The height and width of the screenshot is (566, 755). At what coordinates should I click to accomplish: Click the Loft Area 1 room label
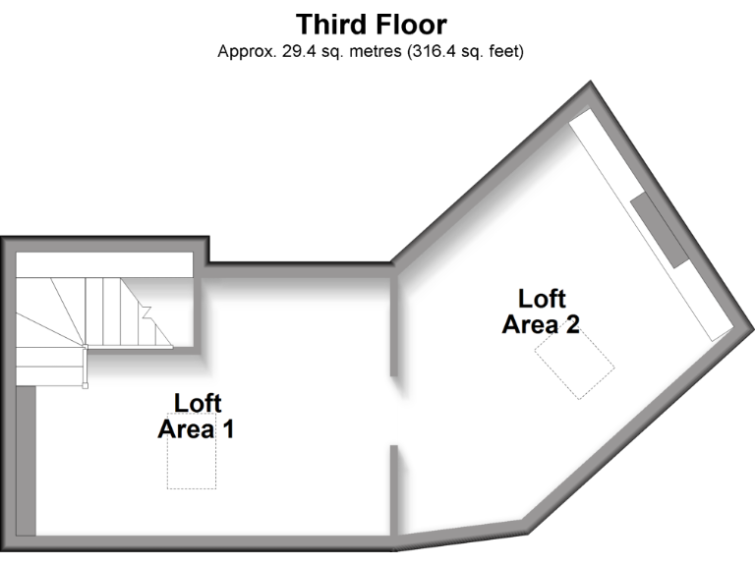click(197, 417)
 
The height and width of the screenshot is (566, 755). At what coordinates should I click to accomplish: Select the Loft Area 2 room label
click(540, 311)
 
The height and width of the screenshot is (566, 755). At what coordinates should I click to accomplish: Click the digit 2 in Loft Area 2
click(572, 324)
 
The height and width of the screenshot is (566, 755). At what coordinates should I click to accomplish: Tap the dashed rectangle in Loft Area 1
click(192, 463)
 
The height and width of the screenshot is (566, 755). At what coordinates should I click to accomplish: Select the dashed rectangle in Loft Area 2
click(574, 362)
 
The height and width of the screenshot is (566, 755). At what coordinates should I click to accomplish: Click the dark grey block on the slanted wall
click(660, 230)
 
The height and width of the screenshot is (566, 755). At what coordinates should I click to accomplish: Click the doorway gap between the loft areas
click(393, 411)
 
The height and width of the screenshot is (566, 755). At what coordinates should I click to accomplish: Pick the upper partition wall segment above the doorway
click(393, 324)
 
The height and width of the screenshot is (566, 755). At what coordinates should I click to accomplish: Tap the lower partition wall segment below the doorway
click(393, 487)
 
